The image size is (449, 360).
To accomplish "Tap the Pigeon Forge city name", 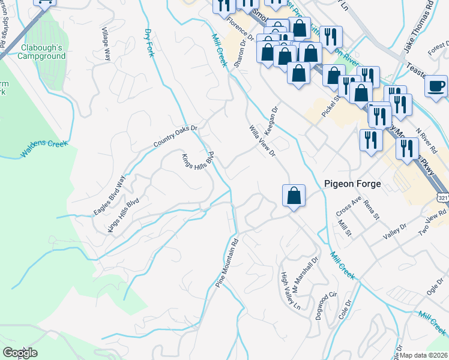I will pyautogui.click(x=352, y=184).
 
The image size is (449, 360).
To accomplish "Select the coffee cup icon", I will pyautogui.click(x=436, y=85).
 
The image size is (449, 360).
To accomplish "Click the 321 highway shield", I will pyautogui.click(x=442, y=198).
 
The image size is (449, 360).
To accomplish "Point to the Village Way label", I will pyautogui.click(x=106, y=44).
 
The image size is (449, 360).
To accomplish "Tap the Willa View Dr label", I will pyautogui.click(x=262, y=141).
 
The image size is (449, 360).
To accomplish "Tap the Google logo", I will pyautogui.click(x=20, y=352).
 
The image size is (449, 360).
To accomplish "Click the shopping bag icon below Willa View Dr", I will pyautogui.click(x=294, y=196).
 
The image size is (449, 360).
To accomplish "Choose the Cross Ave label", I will pyautogui.click(x=349, y=206).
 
